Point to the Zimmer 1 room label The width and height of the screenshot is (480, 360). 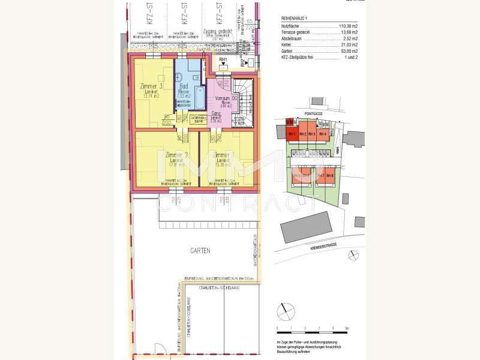[x=223, y=155]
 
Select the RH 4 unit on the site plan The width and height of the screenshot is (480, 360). [x=322, y=134]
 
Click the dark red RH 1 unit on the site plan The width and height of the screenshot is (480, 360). [x=292, y=134]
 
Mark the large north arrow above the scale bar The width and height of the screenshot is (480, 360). [x=287, y=312]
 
